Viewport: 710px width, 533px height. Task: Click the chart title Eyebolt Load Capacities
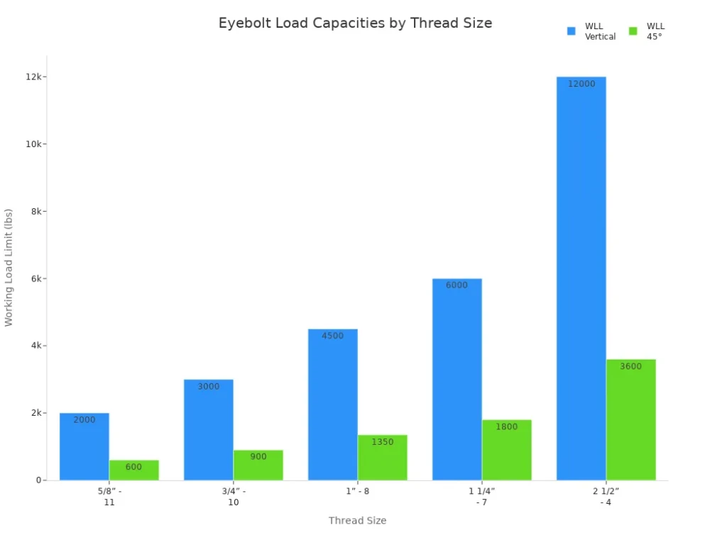click(355, 23)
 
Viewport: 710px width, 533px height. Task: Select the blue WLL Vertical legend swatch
click(572, 31)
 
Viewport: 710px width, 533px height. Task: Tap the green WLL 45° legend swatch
click(633, 31)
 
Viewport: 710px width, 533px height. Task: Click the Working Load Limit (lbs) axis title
click(9, 267)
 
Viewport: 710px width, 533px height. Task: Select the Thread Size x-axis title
click(357, 521)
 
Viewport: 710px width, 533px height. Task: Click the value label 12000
click(581, 83)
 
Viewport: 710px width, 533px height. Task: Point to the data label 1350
click(382, 442)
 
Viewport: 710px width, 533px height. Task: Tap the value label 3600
click(630, 367)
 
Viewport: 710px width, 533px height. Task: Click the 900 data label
click(258, 457)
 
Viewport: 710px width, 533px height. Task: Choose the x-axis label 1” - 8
click(357, 490)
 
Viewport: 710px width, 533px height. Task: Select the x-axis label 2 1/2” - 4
click(606, 496)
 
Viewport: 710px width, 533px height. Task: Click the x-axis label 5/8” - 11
click(109, 496)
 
